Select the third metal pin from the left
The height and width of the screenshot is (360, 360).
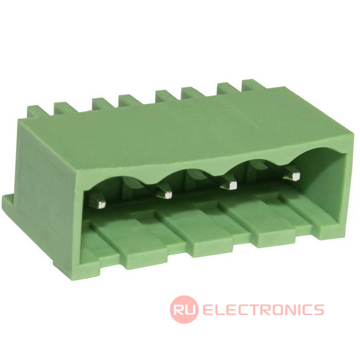point(229,184)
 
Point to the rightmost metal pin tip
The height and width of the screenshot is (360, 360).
point(294,176)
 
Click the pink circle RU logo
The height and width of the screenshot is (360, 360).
point(184,309)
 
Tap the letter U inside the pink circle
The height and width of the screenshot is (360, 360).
point(191,309)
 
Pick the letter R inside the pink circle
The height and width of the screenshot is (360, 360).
point(179,309)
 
